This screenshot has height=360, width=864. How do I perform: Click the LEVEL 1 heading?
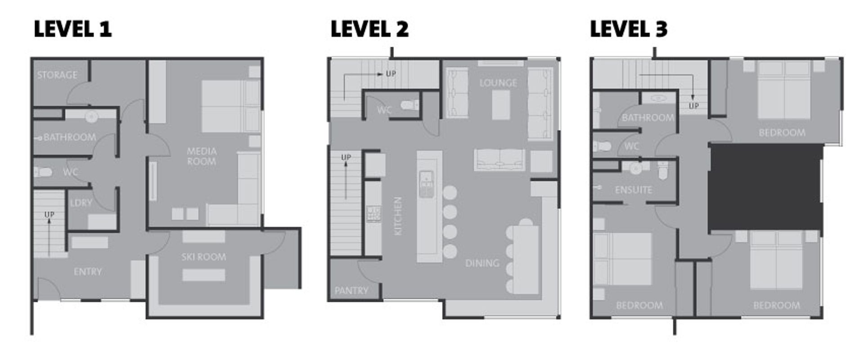(x=72, y=29)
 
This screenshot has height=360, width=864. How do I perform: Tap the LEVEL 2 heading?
(x=369, y=29)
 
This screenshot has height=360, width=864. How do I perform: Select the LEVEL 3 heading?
(x=629, y=29)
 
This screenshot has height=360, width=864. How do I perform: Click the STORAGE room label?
(x=57, y=75)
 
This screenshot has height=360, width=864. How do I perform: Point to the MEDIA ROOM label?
(x=202, y=156)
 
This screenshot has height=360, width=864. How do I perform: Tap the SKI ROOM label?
(x=203, y=257)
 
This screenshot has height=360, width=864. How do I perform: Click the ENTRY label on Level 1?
(x=88, y=272)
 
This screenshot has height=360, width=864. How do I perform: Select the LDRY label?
(x=81, y=203)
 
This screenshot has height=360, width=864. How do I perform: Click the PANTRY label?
(x=351, y=291)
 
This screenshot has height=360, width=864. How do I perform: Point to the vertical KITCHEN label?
(x=398, y=216)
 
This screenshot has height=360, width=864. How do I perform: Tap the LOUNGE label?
(x=498, y=83)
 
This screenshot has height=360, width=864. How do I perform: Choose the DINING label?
(x=482, y=263)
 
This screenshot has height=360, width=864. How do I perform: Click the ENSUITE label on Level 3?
(x=634, y=190)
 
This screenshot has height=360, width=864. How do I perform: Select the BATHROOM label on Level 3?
(x=648, y=118)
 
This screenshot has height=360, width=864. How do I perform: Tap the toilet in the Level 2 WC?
(x=409, y=105)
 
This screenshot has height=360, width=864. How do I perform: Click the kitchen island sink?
(x=426, y=184)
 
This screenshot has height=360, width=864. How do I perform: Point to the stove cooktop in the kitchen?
(x=373, y=214)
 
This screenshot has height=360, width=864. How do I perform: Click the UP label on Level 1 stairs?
(x=49, y=215)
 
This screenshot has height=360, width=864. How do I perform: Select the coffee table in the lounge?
(x=501, y=105)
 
